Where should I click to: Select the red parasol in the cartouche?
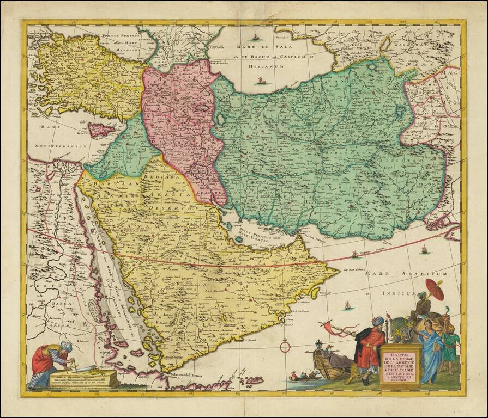click(x=435, y=288)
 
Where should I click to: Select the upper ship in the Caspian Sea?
click(x=255, y=38)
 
